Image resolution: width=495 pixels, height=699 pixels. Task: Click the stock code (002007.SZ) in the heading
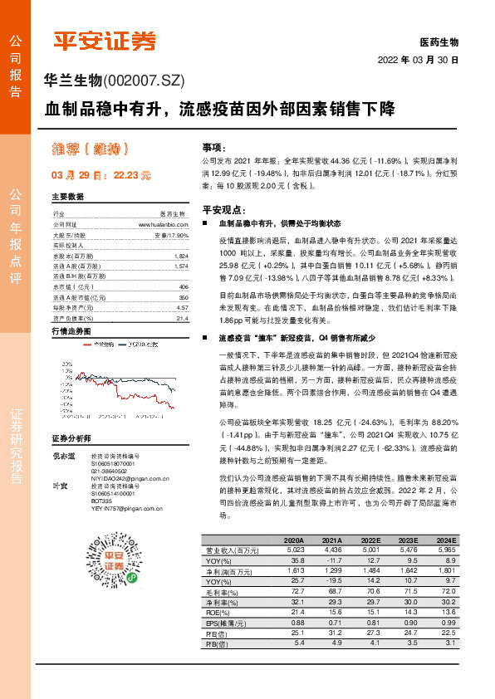point(143,81)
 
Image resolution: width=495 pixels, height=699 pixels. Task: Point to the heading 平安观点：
point(227,211)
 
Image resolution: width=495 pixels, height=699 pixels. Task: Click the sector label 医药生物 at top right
point(439,42)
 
